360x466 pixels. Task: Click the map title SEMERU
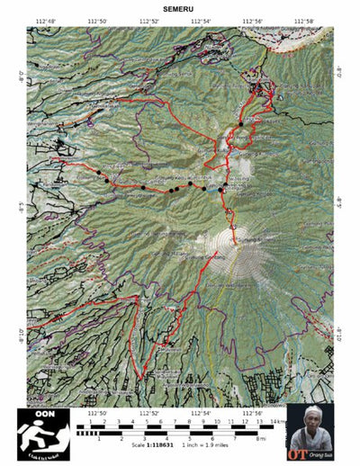[x=179, y=9]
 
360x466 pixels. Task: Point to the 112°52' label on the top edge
[x=148, y=21]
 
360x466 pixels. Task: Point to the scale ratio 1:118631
[x=156, y=445]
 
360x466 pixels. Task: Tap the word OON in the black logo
[x=44, y=415]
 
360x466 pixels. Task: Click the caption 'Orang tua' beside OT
[x=319, y=454]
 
